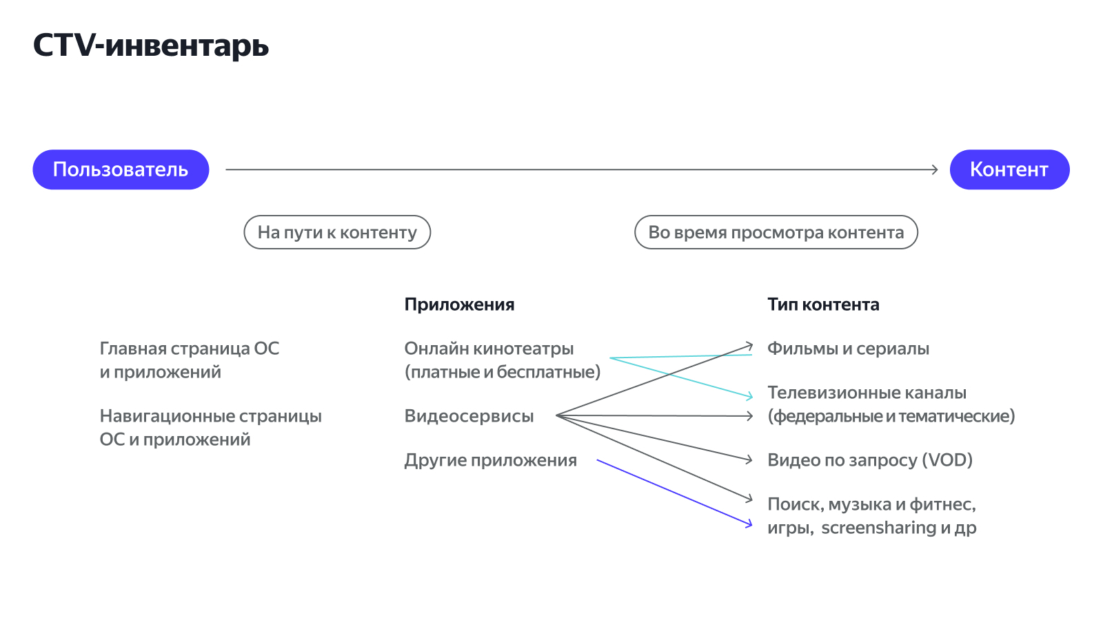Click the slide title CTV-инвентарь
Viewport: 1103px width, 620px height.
151,45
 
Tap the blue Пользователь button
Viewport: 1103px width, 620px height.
121,169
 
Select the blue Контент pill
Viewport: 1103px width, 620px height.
1009,169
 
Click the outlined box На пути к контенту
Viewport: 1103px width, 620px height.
337,232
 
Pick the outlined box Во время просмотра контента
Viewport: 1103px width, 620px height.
776,232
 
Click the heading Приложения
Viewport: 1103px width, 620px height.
459,304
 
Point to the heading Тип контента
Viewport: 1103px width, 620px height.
823,304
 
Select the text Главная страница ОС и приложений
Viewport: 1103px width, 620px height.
189,360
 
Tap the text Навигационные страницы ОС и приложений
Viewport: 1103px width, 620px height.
210,427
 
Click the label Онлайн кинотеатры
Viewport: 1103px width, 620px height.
489,349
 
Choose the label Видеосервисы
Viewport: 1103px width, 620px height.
469,416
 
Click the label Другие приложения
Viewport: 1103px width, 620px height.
490,460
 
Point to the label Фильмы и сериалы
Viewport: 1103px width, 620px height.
848,349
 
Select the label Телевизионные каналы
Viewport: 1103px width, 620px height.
867,393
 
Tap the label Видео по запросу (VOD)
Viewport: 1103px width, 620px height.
870,460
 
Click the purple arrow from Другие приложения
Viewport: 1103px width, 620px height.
674,493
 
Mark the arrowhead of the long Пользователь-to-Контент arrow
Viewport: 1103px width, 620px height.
935,169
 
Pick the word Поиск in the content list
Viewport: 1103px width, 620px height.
794,505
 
